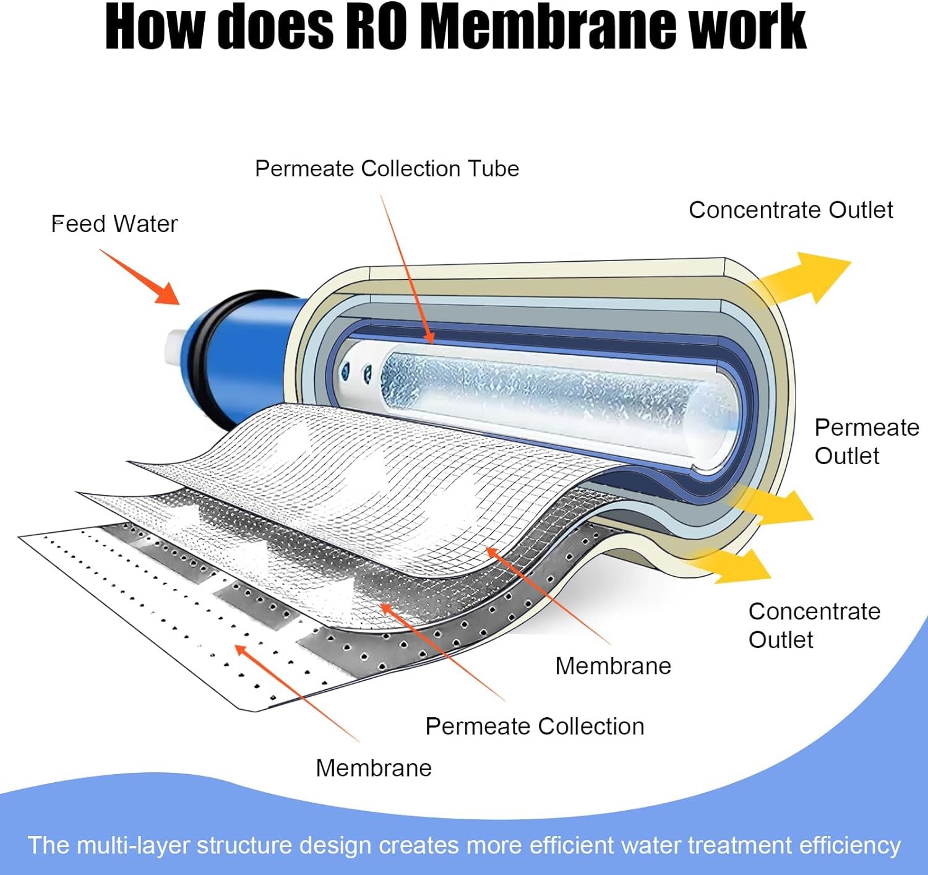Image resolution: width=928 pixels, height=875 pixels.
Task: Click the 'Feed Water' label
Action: [x=114, y=224]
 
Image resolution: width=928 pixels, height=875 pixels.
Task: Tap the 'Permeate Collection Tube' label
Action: [x=387, y=169]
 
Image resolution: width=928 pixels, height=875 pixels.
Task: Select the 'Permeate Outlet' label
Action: [x=866, y=441]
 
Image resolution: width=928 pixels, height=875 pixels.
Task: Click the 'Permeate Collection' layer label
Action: [x=535, y=726]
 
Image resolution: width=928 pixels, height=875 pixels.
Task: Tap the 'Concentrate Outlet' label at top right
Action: [x=791, y=210]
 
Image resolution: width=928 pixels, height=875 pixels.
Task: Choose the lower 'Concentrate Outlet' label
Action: [x=814, y=625]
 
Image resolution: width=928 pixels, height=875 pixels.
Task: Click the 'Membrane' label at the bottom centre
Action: [x=374, y=768]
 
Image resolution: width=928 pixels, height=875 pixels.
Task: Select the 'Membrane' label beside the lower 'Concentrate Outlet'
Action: [x=613, y=666]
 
